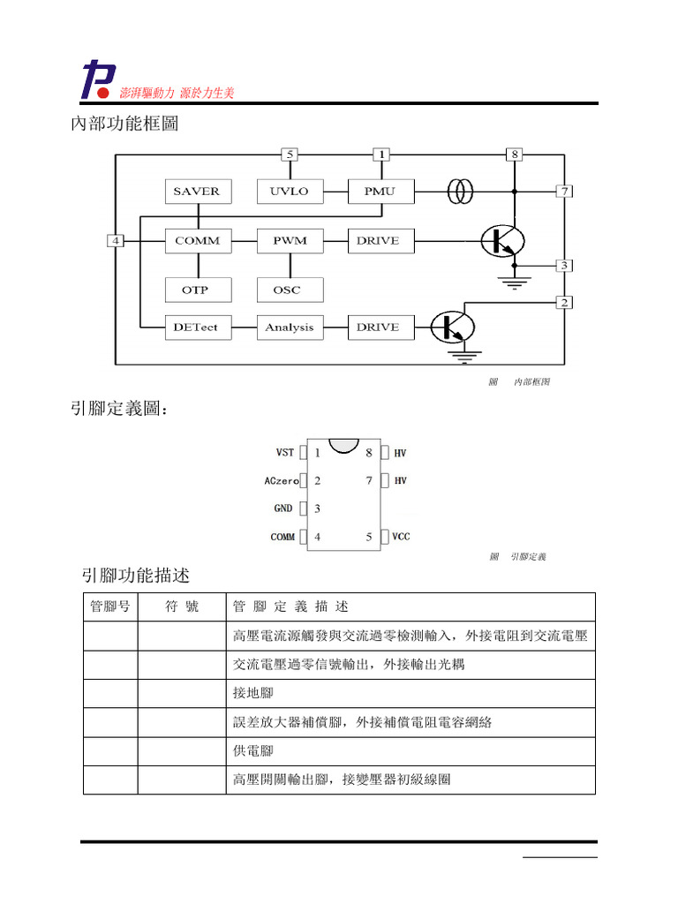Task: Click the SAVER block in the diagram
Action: [x=196, y=192]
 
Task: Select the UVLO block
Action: [x=290, y=192]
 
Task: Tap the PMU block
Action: [x=380, y=192]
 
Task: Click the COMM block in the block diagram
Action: [x=197, y=240]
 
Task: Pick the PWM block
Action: [x=290, y=240]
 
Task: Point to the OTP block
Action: [x=196, y=290]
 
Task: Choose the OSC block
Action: [x=290, y=290]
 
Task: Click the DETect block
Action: [x=196, y=328]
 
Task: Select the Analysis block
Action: [x=290, y=328]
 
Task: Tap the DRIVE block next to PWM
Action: [x=380, y=240]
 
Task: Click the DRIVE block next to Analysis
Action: [x=380, y=328]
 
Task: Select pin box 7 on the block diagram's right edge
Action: [x=564, y=191]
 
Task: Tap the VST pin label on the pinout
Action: [x=284, y=453]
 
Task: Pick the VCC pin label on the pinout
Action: [x=401, y=537]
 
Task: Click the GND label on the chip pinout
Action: [x=283, y=509]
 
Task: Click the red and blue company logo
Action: [x=94, y=79]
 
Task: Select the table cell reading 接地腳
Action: [x=253, y=693]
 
